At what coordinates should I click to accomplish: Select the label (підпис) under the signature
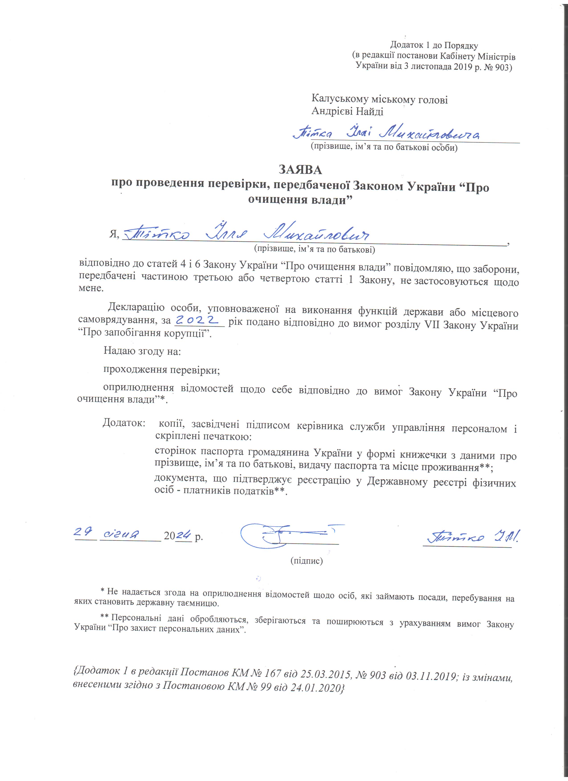306,561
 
